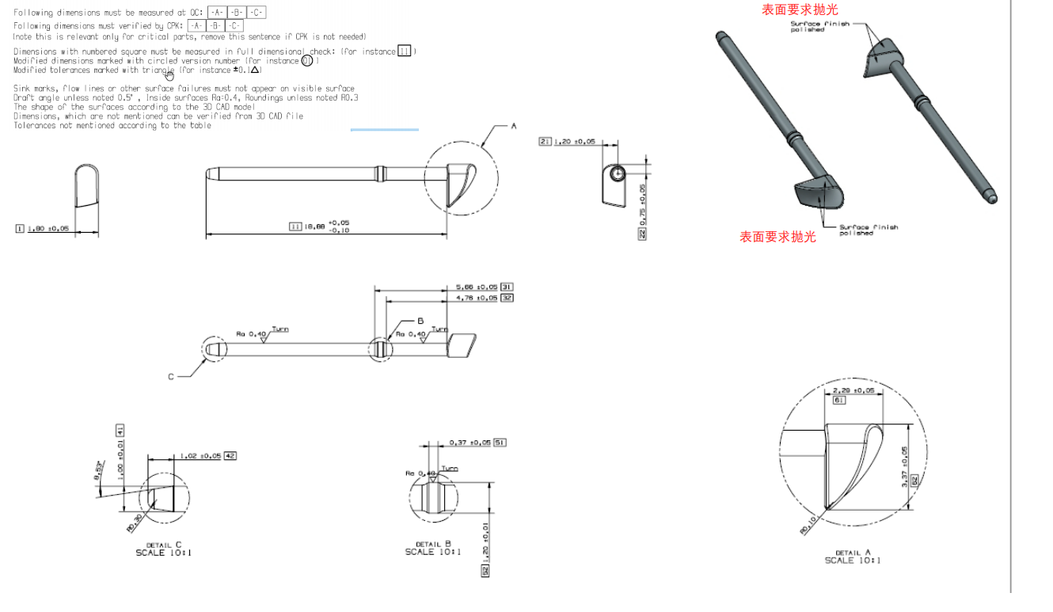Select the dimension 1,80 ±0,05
coord(48,229)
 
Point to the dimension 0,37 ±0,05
coord(470,443)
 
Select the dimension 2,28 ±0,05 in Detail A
coord(854,390)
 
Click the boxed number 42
coord(230,456)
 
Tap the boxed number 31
coord(507,287)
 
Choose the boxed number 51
coord(500,443)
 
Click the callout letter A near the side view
coord(513,126)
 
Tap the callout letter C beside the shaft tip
coord(170,377)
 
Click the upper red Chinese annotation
coord(800,10)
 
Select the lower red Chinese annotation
coord(777,237)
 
